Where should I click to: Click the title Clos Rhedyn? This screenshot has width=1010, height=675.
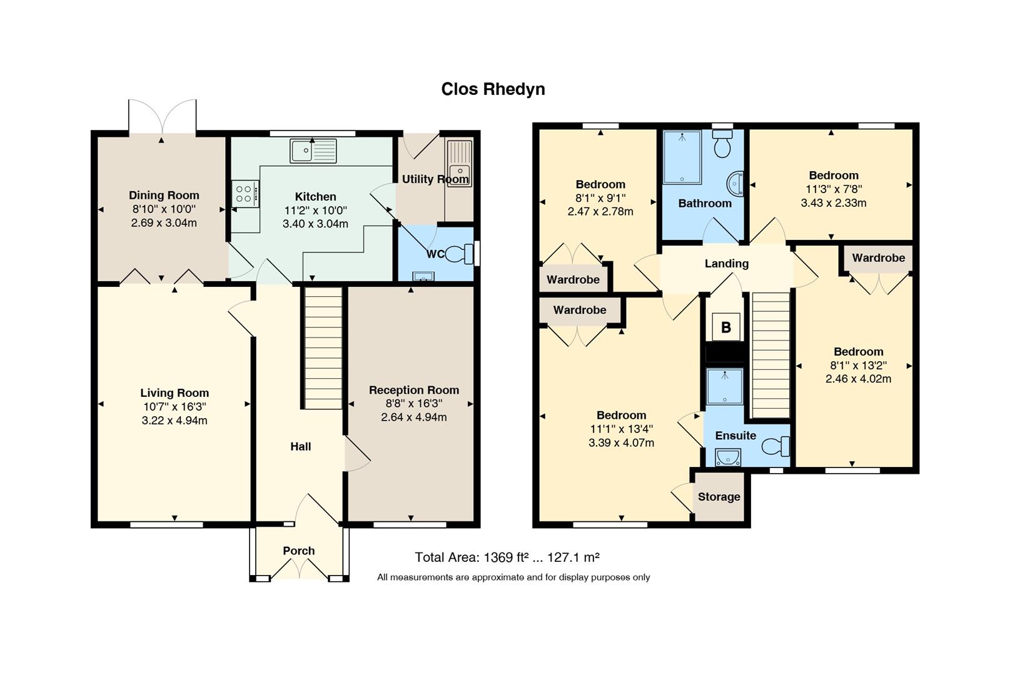[x=493, y=89]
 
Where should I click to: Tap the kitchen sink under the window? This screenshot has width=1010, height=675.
[x=313, y=151]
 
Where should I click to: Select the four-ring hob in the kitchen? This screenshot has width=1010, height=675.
[x=245, y=194]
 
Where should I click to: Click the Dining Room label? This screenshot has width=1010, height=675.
[x=164, y=195]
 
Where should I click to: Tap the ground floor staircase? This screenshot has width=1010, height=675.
[x=323, y=348]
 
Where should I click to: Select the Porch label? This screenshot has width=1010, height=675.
[x=299, y=551]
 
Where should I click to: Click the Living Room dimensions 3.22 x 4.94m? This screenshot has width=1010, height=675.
[x=174, y=421]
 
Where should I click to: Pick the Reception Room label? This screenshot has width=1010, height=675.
[x=414, y=390]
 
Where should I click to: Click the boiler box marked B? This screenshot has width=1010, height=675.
[x=726, y=327]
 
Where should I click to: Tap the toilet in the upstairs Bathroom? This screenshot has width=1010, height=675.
[x=722, y=144]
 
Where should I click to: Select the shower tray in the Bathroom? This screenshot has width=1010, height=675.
[x=682, y=157]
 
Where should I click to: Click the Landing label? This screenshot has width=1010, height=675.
[x=727, y=264]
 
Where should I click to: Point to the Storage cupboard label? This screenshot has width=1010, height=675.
[x=719, y=496]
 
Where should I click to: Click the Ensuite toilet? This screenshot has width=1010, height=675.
[x=775, y=446]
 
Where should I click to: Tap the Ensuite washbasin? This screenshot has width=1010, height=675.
[x=728, y=457]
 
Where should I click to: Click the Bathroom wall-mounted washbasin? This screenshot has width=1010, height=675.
[x=735, y=183]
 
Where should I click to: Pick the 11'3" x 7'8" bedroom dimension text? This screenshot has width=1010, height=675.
[x=834, y=189]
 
